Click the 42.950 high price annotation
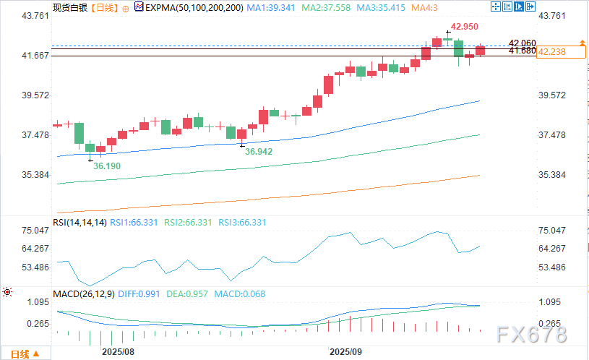pyautogui.click(x=464, y=27)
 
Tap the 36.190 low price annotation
pyautogui.click(x=107, y=166)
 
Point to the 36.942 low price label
pyautogui.click(x=259, y=152)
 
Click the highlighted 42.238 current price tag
pyautogui.click(x=562, y=51)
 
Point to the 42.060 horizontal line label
pyautogui.click(x=522, y=43)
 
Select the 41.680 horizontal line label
pyautogui.click(x=522, y=51)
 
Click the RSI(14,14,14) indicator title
pyautogui.click(x=80, y=223)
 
